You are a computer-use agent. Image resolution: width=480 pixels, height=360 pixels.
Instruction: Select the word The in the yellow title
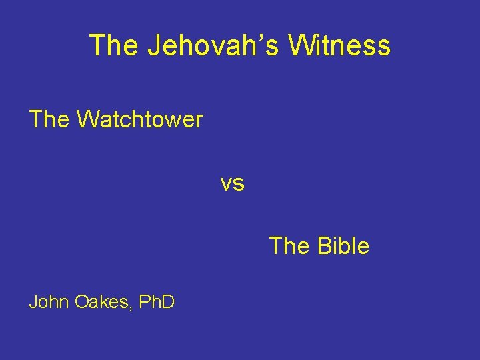[x=113, y=45]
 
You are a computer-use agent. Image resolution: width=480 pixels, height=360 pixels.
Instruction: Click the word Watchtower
[x=139, y=120]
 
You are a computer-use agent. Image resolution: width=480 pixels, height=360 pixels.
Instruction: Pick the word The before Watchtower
[x=49, y=120]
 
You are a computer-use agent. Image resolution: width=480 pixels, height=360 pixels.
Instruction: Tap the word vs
[x=233, y=183]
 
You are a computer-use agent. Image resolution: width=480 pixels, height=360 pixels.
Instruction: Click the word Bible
[x=343, y=246]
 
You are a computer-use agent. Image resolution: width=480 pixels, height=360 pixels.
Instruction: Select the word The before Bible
[x=289, y=246]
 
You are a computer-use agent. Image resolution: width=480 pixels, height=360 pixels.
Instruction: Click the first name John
[x=49, y=302]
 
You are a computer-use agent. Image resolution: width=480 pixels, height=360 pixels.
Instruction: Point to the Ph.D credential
[x=157, y=302]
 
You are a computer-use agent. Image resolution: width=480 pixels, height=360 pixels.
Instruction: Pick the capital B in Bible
[x=323, y=246]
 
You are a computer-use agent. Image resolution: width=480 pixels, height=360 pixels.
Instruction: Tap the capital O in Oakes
[x=81, y=302]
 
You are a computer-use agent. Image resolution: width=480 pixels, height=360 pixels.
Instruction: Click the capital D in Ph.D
[x=168, y=302]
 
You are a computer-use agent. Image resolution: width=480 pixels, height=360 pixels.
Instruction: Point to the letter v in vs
[x=227, y=184]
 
